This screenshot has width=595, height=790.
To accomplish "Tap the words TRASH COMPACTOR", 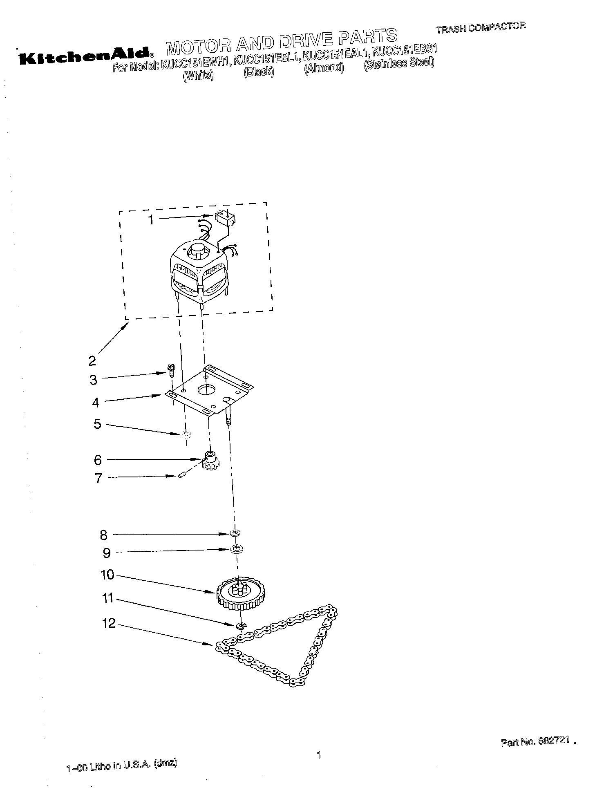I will pos(480,28).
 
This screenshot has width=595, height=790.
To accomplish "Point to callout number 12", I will pos(109,624).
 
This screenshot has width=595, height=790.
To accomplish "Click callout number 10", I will pos(107,575).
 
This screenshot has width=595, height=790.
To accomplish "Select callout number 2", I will pos(92,361).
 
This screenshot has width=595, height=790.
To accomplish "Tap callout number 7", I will pos(98,478).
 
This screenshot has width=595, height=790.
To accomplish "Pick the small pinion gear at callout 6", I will pos(211,460).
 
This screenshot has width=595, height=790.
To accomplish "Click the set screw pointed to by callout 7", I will pos(183,475).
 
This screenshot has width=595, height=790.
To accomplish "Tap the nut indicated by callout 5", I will pos(186,434).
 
